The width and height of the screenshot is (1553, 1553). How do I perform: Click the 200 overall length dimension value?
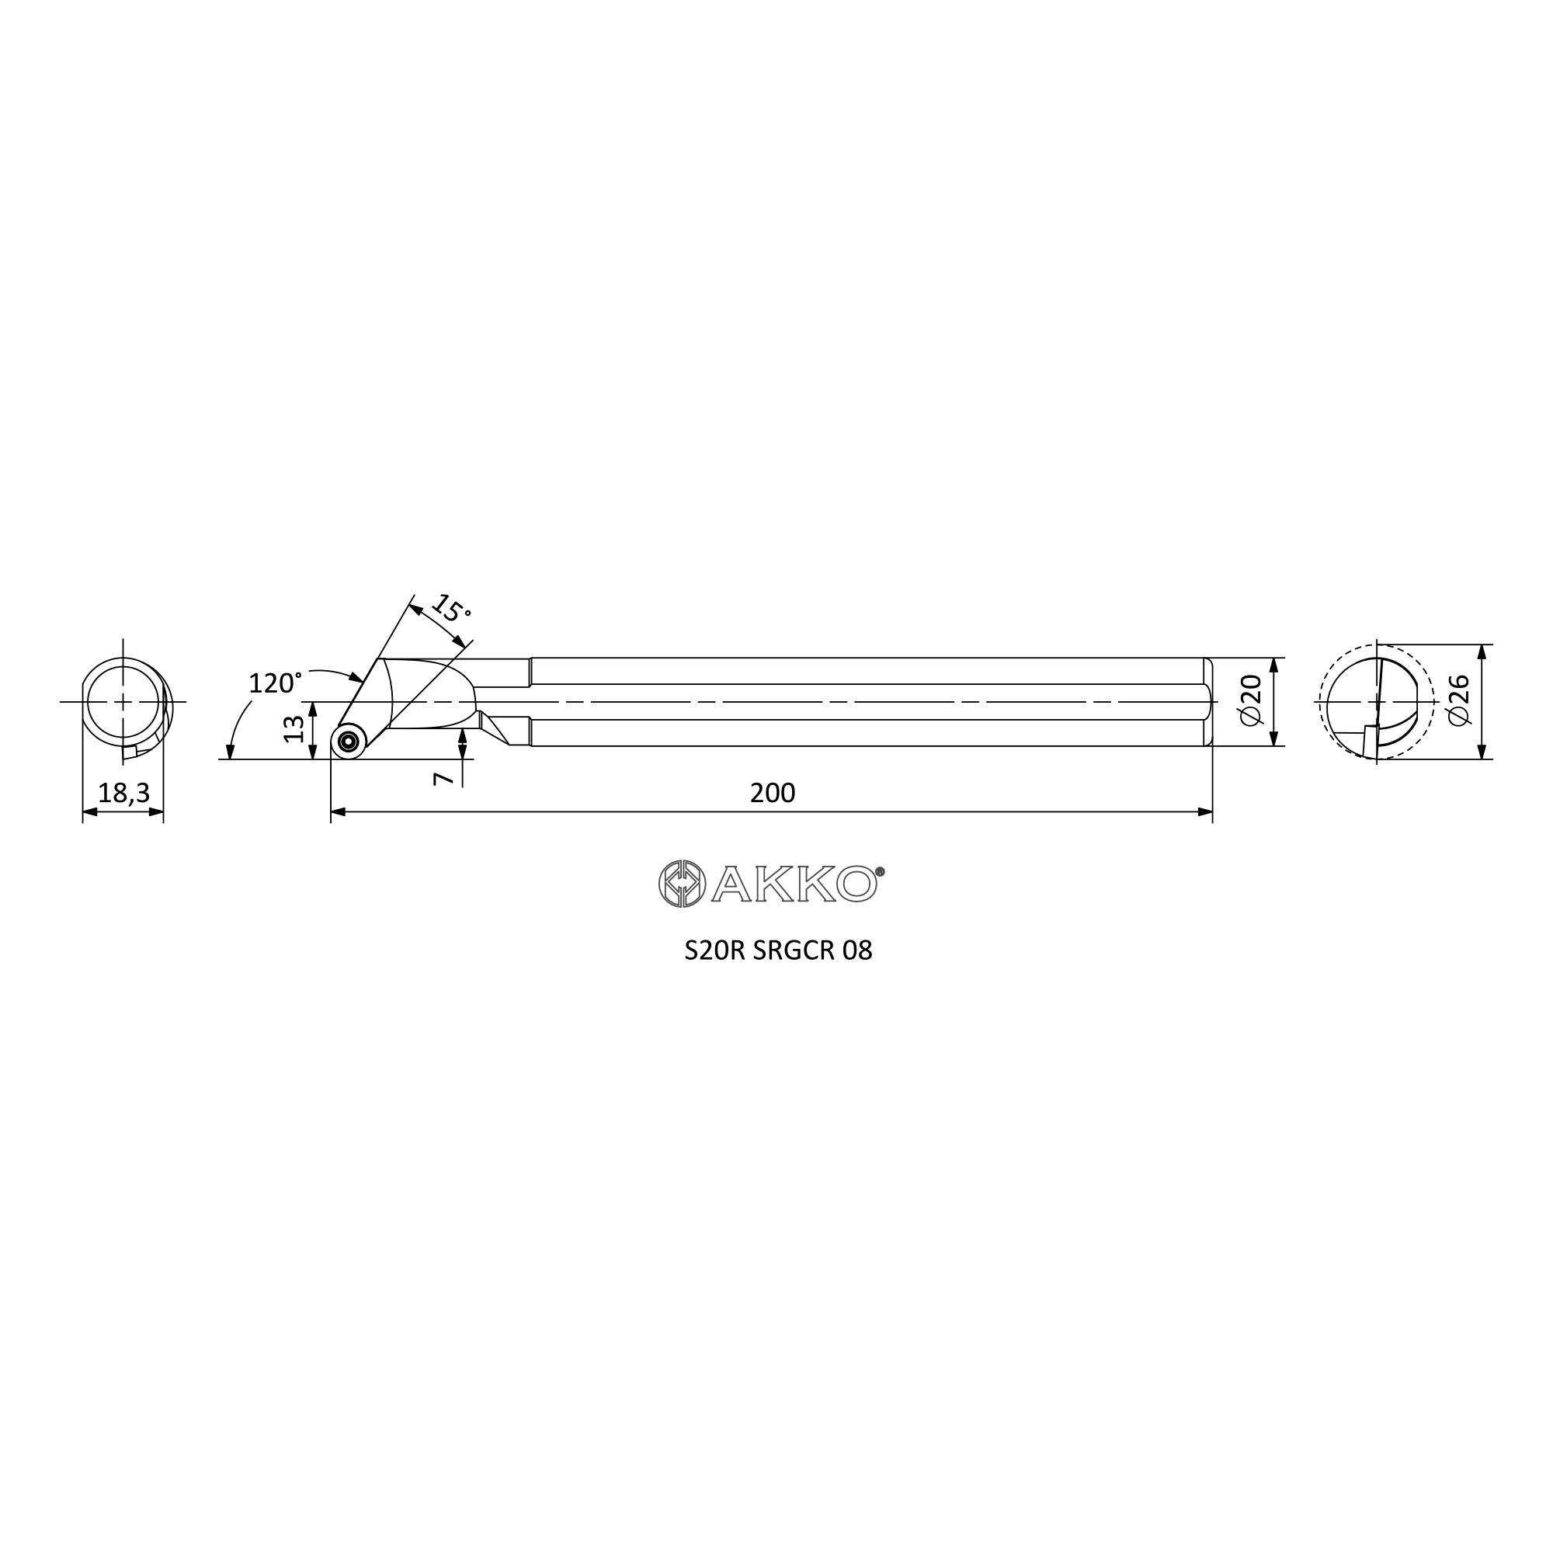pyautogui.click(x=773, y=794)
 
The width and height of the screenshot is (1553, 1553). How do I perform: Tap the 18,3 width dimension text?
pyautogui.click(x=123, y=794)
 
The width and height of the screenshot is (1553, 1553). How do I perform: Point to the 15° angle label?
pyautogui.click(x=451, y=610)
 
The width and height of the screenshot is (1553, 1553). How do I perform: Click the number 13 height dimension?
pyautogui.click(x=294, y=728)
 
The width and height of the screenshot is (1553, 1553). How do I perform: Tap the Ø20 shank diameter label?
pyautogui.click(x=1252, y=700)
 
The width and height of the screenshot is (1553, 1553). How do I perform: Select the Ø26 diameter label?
pyautogui.click(x=1458, y=700)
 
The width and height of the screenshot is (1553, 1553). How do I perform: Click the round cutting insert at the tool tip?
pyautogui.click(x=348, y=741)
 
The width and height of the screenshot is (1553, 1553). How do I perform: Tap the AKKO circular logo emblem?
pyautogui.click(x=682, y=884)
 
